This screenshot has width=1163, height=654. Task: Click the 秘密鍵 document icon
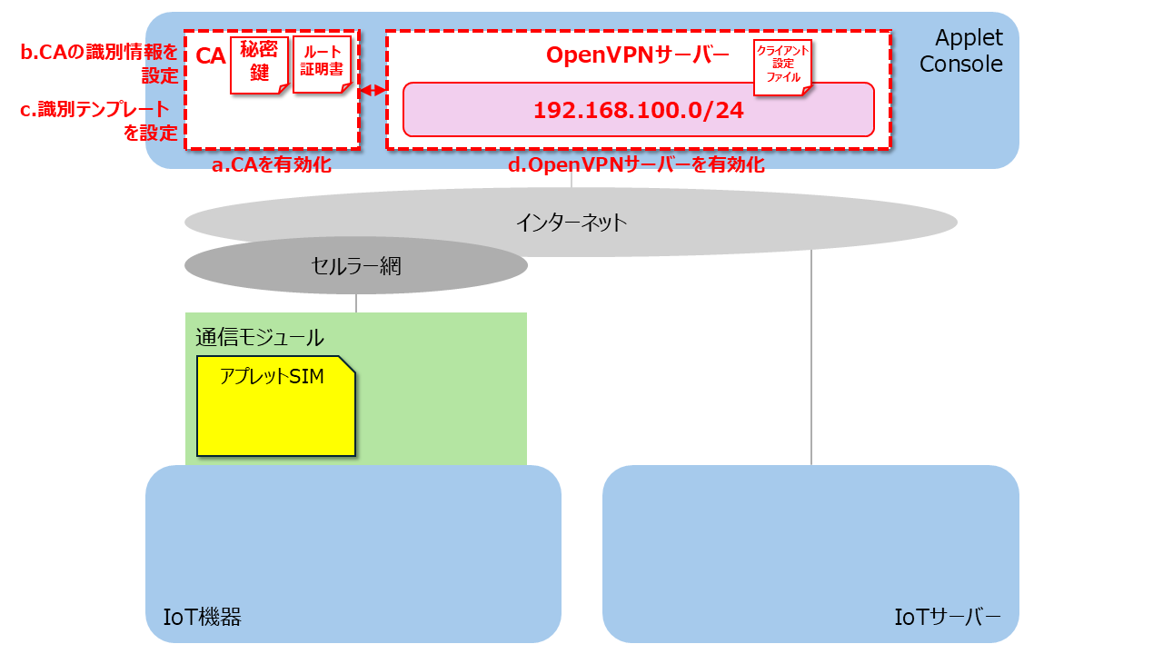(x=259, y=65)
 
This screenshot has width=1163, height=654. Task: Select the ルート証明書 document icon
(x=322, y=64)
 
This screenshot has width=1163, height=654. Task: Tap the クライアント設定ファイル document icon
(x=782, y=67)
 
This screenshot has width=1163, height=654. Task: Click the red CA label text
(x=210, y=56)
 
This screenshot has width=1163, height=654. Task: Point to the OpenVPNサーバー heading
(x=638, y=55)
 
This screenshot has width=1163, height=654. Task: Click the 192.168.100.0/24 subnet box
(x=639, y=110)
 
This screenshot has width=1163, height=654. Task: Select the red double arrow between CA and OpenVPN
(x=373, y=90)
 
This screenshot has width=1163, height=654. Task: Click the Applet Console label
(x=961, y=51)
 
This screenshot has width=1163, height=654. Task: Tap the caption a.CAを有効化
(x=272, y=164)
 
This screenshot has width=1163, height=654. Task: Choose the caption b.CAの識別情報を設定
(x=99, y=64)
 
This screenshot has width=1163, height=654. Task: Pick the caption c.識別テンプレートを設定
(x=99, y=121)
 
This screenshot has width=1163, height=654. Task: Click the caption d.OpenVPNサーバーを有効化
(x=636, y=164)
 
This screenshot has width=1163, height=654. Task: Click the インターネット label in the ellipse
(x=572, y=223)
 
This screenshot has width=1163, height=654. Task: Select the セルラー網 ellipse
(x=356, y=265)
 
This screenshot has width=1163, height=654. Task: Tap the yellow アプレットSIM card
(x=276, y=406)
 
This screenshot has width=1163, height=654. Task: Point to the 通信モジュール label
(x=260, y=337)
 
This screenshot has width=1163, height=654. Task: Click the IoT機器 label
(x=202, y=617)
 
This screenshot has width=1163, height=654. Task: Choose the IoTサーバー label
(x=948, y=617)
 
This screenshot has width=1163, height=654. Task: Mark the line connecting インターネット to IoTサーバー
(x=811, y=358)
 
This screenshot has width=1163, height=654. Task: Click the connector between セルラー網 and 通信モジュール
(x=356, y=303)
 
